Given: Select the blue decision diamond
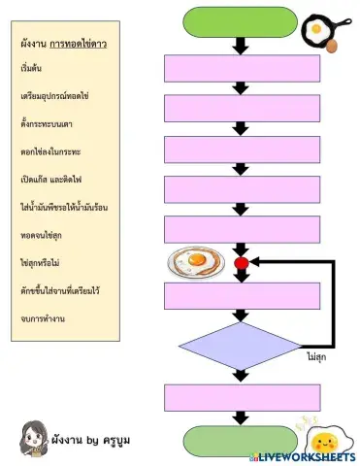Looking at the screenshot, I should pos(240,347).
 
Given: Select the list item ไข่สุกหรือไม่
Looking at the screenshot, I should pos(47,262).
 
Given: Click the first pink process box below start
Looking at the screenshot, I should pos(240,68).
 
